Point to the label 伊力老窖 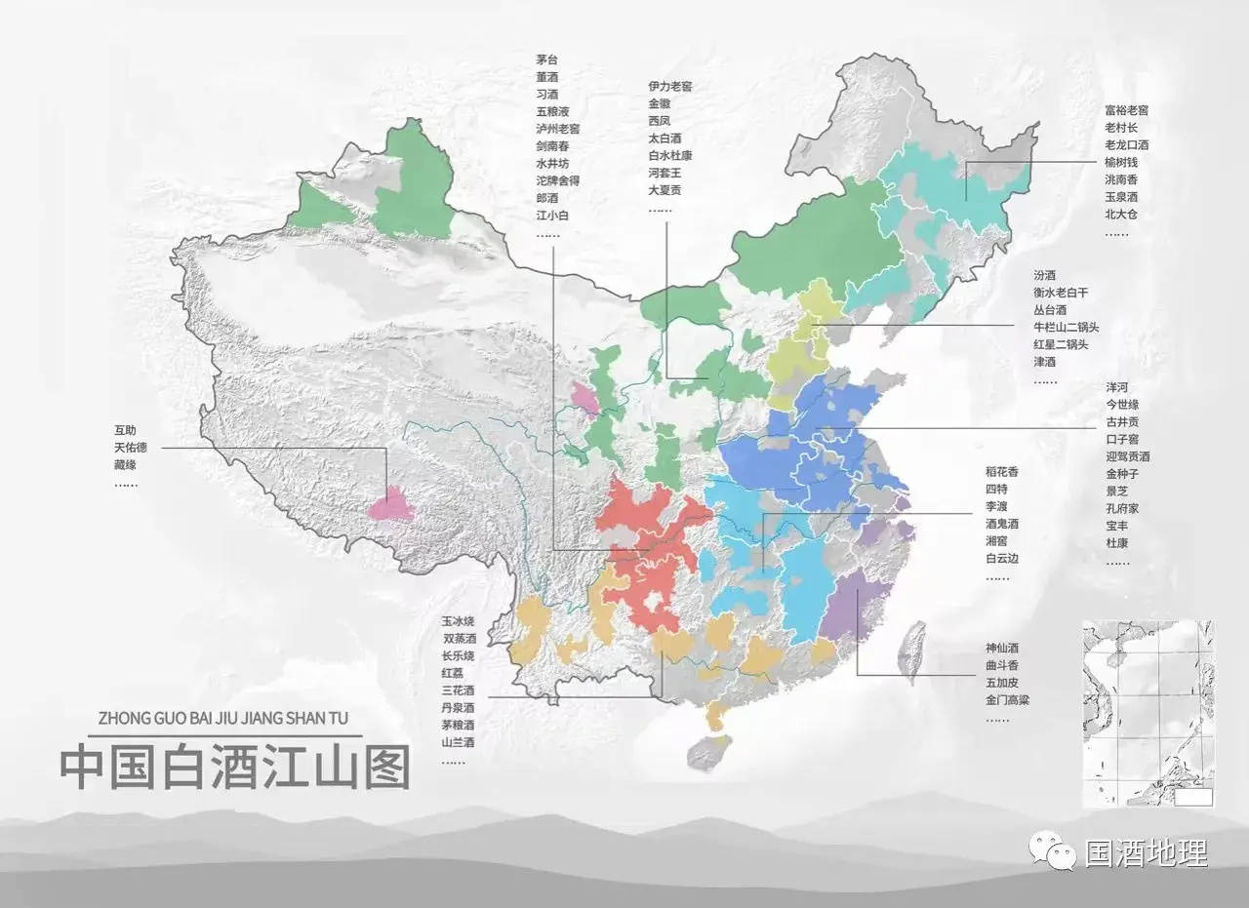pyautogui.click(x=669, y=86)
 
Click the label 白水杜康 pyautogui.click(x=669, y=155)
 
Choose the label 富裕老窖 pyautogui.click(x=1126, y=110)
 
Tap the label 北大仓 pyautogui.click(x=1120, y=215)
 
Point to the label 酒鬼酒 pyautogui.click(x=1002, y=525)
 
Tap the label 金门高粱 pyautogui.click(x=1007, y=700)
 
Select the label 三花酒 pyautogui.click(x=458, y=691)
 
